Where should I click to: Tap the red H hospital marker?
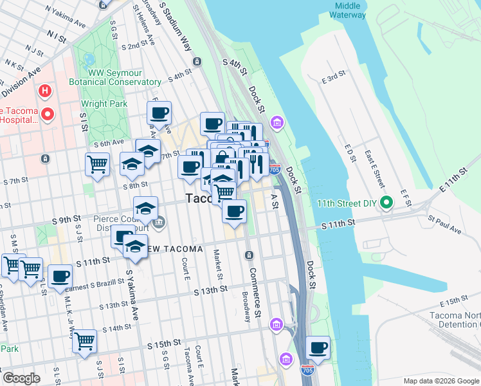click(44, 91)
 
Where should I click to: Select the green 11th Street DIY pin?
click(386, 204)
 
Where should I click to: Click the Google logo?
click(21, 378)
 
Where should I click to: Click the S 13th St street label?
click(211, 290)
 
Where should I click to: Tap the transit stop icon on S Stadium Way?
click(196, 62)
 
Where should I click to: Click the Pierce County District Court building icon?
click(159, 223)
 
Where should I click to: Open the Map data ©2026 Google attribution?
click(440, 380)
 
